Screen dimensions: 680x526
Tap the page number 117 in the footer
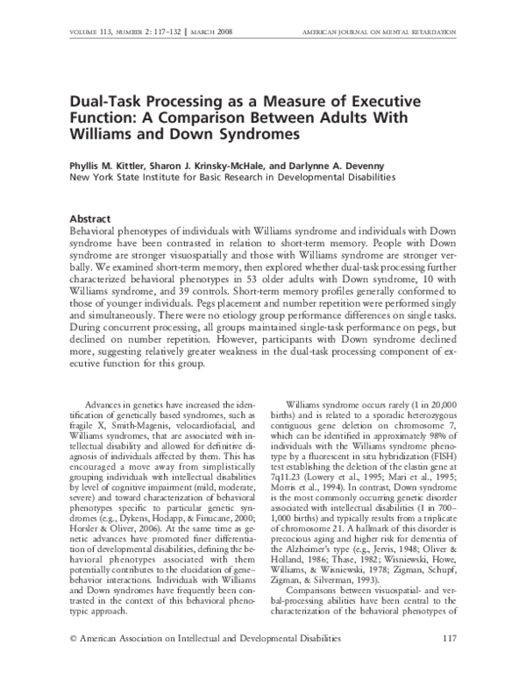[x=448, y=662]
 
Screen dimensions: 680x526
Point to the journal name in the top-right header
[x=388, y=32]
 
